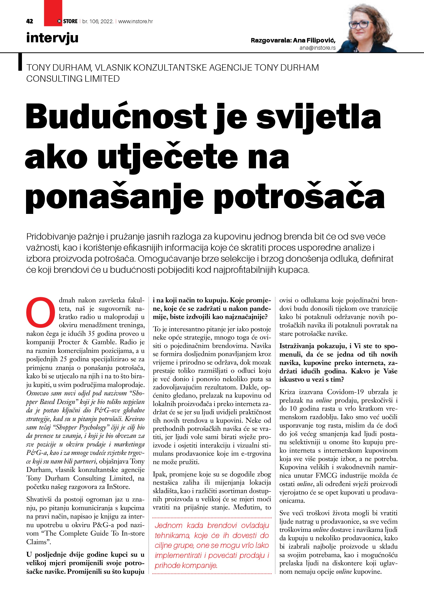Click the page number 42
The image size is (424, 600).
(x=30, y=21)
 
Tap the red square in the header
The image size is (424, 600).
(x=53, y=13)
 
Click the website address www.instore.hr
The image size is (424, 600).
(x=136, y=21)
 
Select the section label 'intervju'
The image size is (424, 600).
(x=52, y=38)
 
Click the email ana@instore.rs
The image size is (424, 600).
(x=318, y=48)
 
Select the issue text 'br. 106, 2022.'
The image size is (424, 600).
(x=98, y=21)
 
